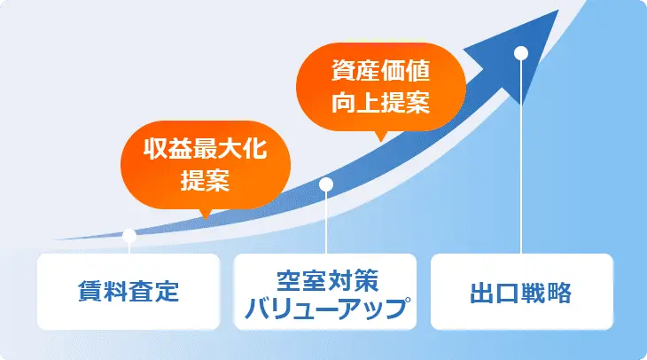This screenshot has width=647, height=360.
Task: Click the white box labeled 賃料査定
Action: click(x=129, y=291)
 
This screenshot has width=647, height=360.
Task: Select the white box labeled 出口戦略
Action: click(x=521, y=291)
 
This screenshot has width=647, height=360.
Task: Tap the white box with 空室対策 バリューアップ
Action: click(x=325, y=291)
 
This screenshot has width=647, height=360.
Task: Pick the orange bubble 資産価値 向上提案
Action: click(x=382, y=87)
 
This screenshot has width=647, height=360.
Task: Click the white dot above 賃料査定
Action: click(x=129, y=236)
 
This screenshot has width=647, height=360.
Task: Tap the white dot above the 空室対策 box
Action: click(x=325, y=184)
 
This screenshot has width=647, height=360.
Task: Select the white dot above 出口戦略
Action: click(x=521, y=51)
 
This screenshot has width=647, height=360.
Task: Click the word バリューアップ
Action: click(x=325, y=307)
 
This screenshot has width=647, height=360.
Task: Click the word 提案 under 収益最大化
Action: click(x=205, y=181)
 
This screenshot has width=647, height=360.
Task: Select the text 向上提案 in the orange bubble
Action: click(x=382, y=102)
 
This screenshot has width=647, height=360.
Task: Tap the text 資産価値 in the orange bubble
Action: click(x=382, y=71)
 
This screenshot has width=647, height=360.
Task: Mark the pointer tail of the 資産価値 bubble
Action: click(x=381, y=136)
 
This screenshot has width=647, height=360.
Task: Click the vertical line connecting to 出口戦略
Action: click(x=521, y=160)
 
